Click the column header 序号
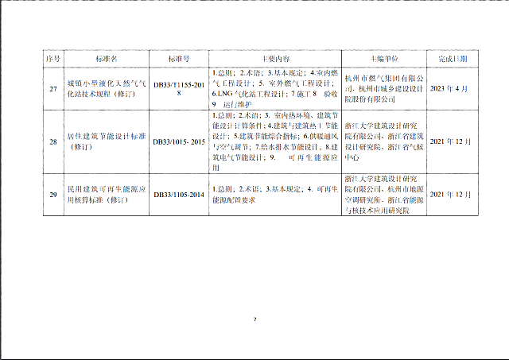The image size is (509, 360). [52, 59]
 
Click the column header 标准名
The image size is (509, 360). [106, 59]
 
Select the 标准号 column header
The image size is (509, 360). [179, 59]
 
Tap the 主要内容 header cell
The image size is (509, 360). [275, 59]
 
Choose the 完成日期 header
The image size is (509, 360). [453, 59]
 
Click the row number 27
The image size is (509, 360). [52, 88]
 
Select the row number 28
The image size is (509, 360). [52, 141]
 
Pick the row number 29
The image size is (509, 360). [52, 195]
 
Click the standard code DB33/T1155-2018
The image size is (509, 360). [179, 88]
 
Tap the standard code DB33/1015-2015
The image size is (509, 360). [179, 141]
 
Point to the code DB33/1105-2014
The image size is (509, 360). [179, 195]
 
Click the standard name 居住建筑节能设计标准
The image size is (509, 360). [106, 141]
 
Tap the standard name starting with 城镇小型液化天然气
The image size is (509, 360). [106, 88]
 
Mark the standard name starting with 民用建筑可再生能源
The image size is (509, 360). [106, 195]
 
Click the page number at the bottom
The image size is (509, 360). [254, 320]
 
